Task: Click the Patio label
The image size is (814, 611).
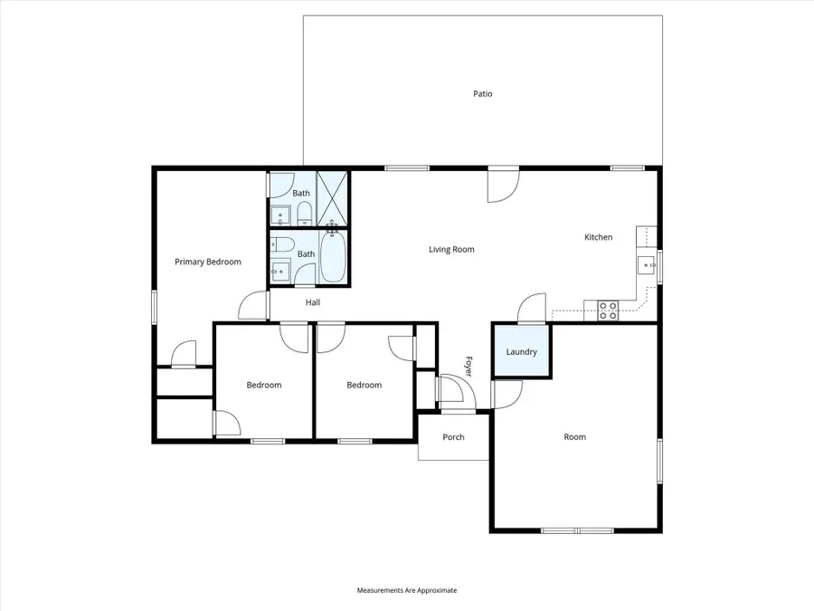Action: (483, 93)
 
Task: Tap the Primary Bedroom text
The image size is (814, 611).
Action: (208, 262)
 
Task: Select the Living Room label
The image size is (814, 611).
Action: (451, 249)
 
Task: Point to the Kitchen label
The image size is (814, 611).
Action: (598, 237)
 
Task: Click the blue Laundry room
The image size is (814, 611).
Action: (522, 351)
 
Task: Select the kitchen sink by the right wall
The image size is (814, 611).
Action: (648, 264)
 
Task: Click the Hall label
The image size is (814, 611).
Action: (312, 302)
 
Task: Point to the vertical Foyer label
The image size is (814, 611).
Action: (469, 365)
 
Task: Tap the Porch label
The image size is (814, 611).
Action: (453, 437)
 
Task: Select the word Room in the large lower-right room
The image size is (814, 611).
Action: (574, 436)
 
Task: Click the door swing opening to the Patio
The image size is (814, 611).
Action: (502, 186)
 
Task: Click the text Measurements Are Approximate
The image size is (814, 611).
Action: (407, 590)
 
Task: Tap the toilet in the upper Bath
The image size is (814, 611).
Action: (304, 213)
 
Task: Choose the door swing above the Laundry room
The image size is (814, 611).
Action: (532, 308)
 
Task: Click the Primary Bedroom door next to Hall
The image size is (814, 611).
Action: (255, 305)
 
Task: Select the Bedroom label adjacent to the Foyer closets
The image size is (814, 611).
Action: (364, 385)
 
